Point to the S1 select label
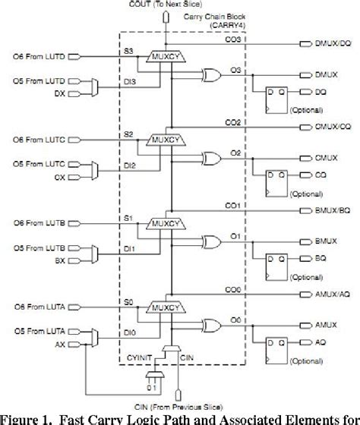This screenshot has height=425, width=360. pyautogui.click(x=128, y=217)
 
